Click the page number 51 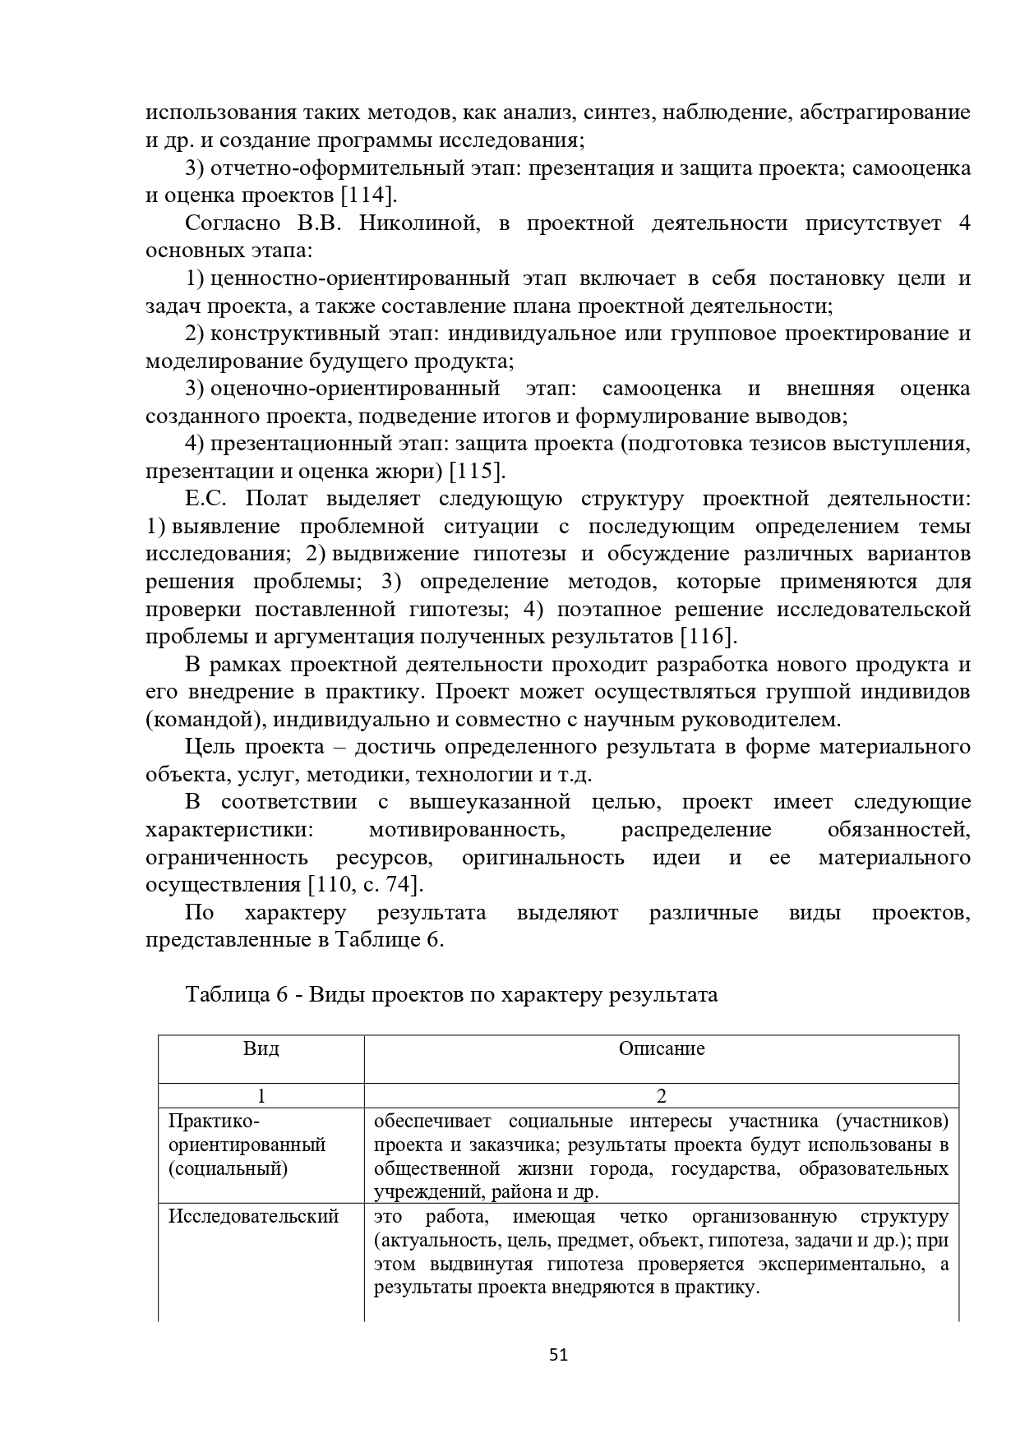(558, 1355)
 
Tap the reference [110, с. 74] (366, 885)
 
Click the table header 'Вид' (261, 1049)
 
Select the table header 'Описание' (662, 1049)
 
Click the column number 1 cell (261, 1096)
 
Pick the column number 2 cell (662, 1096)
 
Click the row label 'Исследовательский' (254, 1217)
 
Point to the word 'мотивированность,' (467, 830)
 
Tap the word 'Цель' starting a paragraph (210, 747)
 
